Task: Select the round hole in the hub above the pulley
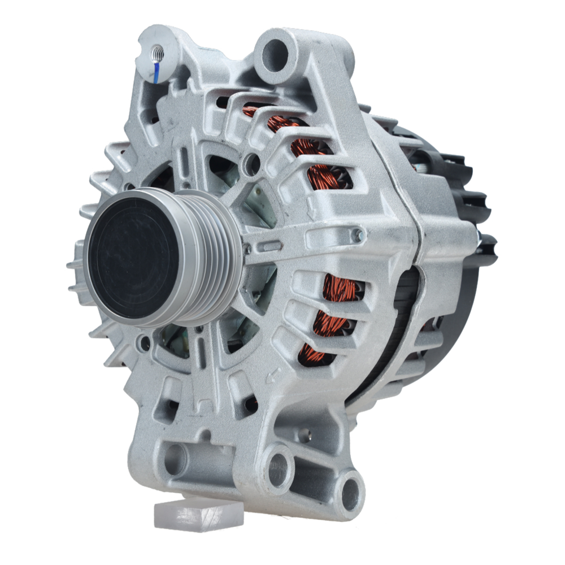click(x=251, y=164)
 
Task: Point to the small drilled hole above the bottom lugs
click(x=305, y=434)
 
